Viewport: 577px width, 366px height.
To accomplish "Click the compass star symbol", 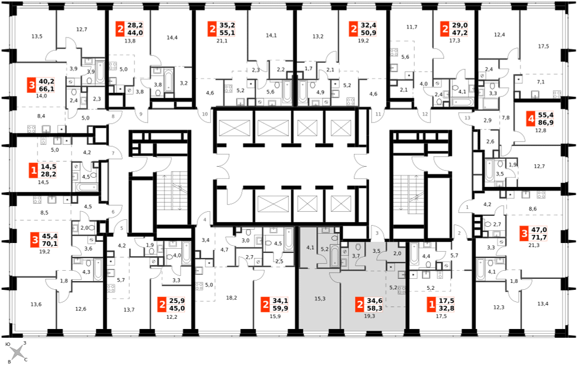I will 17,352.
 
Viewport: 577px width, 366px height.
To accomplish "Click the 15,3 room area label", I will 320,298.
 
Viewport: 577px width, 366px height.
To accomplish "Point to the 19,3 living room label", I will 369,316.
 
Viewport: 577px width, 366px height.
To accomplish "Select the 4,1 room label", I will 310,248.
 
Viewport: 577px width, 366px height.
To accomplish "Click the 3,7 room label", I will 356,256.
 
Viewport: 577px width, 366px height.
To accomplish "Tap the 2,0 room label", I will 397,253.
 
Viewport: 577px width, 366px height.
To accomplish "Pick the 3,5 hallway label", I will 376,251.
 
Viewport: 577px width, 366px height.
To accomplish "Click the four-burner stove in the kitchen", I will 402,290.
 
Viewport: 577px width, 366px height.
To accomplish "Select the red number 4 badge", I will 530,119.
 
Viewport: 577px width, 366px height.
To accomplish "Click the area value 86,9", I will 545,123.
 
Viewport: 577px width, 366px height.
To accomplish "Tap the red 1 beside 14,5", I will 33,170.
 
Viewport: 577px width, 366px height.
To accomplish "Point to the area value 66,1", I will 46,89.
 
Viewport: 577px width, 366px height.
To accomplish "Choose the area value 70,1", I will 49,244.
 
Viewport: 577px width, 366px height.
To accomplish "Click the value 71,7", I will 539,237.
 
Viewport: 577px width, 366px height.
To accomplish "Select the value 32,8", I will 447,308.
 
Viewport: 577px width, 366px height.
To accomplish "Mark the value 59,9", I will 280,308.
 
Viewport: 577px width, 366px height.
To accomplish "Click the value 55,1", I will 227,33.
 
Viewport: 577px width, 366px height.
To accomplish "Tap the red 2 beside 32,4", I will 353,29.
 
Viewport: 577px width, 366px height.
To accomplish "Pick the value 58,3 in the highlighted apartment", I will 374,308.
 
